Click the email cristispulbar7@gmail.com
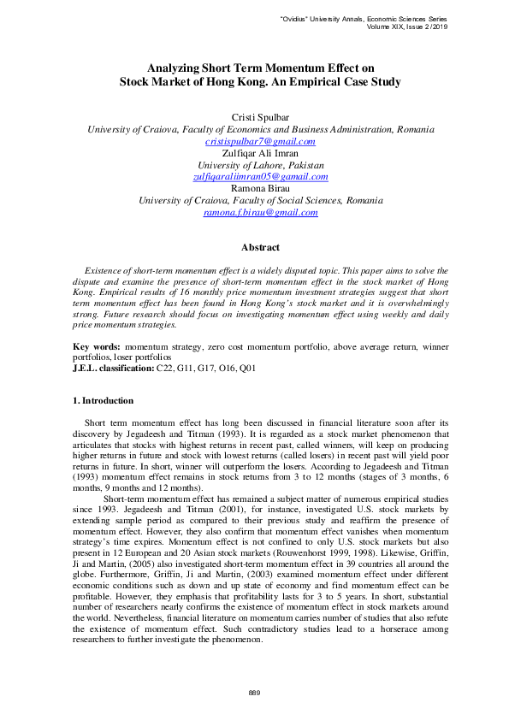(x=261, y=141)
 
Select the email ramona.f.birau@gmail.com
(x=261, y=212)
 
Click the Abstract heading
(x=260, y=247)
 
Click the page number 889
(x=254, y=691)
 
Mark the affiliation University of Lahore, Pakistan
(x=261, y=165)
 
